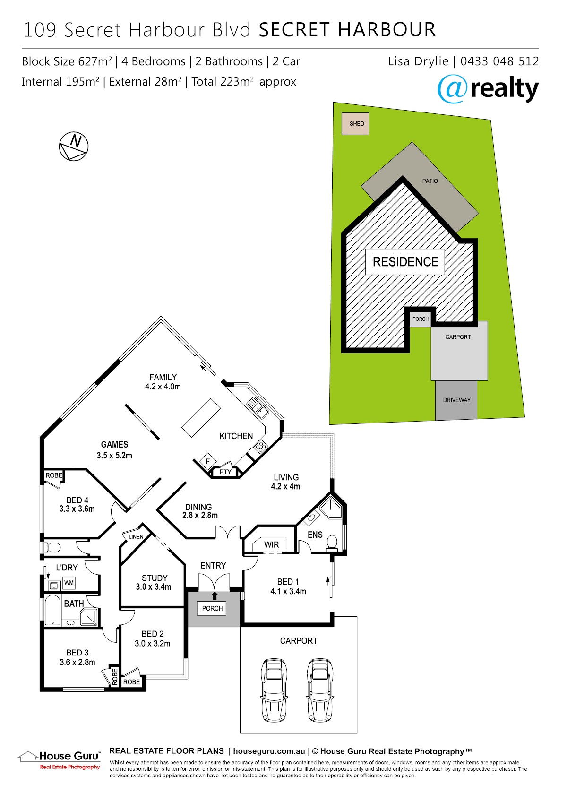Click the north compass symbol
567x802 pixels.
pyautogui.click(x=73, y=146)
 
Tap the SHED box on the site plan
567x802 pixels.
pyautogui.click(x=355, y=123)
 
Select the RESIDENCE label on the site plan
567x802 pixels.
pyautogui.click(x=405, y=262)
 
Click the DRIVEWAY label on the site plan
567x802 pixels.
pyautogui.click(x=456, y=400)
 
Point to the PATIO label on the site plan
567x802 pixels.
pyautogui.click(x=430, y=181)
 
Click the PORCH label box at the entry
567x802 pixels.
pyautogui.click(x=212, y=608)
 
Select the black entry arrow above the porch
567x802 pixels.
pyautogui.click(x=215, y=595)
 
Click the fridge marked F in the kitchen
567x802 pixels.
pyautogui.click(x=207, y=462)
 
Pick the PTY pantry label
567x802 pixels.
pyautogui.click(x=225, y=472)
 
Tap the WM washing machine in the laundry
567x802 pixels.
pyautogui.click(x=69, y=583)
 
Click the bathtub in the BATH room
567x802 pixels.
pyautogui.click(x=52, y=610)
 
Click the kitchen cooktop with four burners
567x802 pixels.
pyautogui.click(x=261, y=446)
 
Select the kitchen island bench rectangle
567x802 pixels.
pyautogui.click(x=201, y=417)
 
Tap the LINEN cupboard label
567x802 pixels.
pyautogui.click(x=136, y=537)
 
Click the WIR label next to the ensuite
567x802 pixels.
pyautogui.click(x=271, y=544)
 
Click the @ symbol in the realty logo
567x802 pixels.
pyautogui.click(x=452, y=89)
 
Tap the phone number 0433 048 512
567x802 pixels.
pyautogui.click(x=499, y=61)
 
